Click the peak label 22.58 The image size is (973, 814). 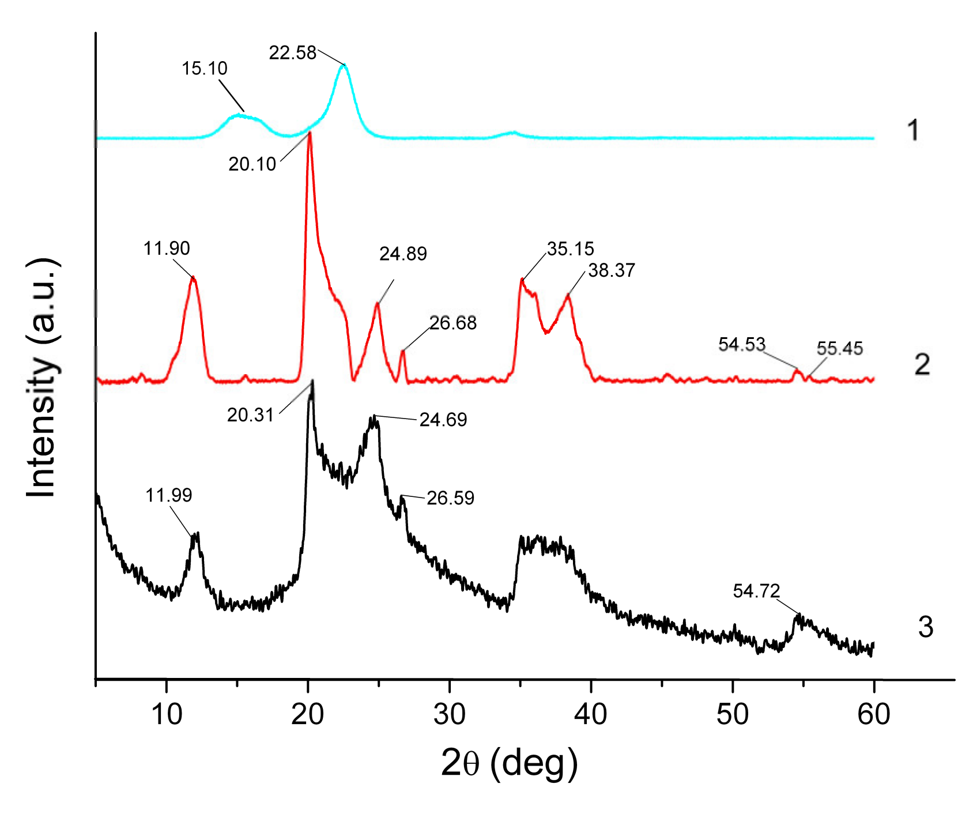click(293, 53)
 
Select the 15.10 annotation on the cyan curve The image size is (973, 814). click(205, 69)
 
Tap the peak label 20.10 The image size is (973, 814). click(252, 164)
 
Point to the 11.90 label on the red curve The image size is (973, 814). click(167, 248)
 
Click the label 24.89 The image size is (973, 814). click(403, 254)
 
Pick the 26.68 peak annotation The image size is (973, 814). click(453, 323)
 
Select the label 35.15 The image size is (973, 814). click(570, 249)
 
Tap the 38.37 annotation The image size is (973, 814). click(612, 270)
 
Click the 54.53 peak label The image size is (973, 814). click(742, 345)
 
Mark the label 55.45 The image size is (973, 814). click(840, 348)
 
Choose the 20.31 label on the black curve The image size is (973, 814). click(250, 415)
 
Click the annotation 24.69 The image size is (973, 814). click(443, 420)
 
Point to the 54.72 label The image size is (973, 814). click(756, 591)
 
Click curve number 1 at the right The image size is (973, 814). click(912, 130)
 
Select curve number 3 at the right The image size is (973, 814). click(925, 627)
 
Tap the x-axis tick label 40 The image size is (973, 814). click(591, 715)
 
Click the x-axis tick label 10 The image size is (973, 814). click(167, 715)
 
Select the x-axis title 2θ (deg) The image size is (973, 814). click(509, 763)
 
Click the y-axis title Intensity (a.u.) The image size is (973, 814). click(42, 377)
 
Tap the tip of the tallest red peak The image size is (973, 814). click(310, 133)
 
